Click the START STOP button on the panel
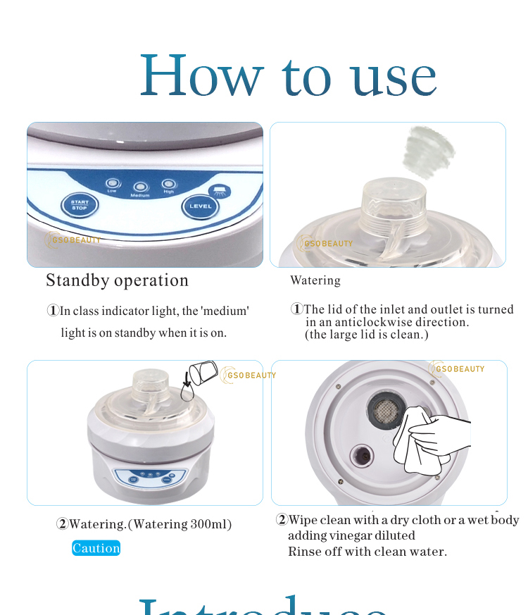click(x=80, y=205)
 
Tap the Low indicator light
click(x=112, y=182)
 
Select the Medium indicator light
click(x=141, y=187)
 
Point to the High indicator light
click(x=168, y=184)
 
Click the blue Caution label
click(x=96, y=548)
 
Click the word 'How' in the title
click(x=202, y=76)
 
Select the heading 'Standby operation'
click(x=117, y=280)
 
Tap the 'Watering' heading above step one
click(x=315, y=280)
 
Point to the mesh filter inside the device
click(x=384, y=411)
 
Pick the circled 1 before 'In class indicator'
click(x=53, y=311)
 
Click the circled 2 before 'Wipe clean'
click(x=282, y=520)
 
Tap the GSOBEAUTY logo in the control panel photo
click(x=73, y=240)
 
